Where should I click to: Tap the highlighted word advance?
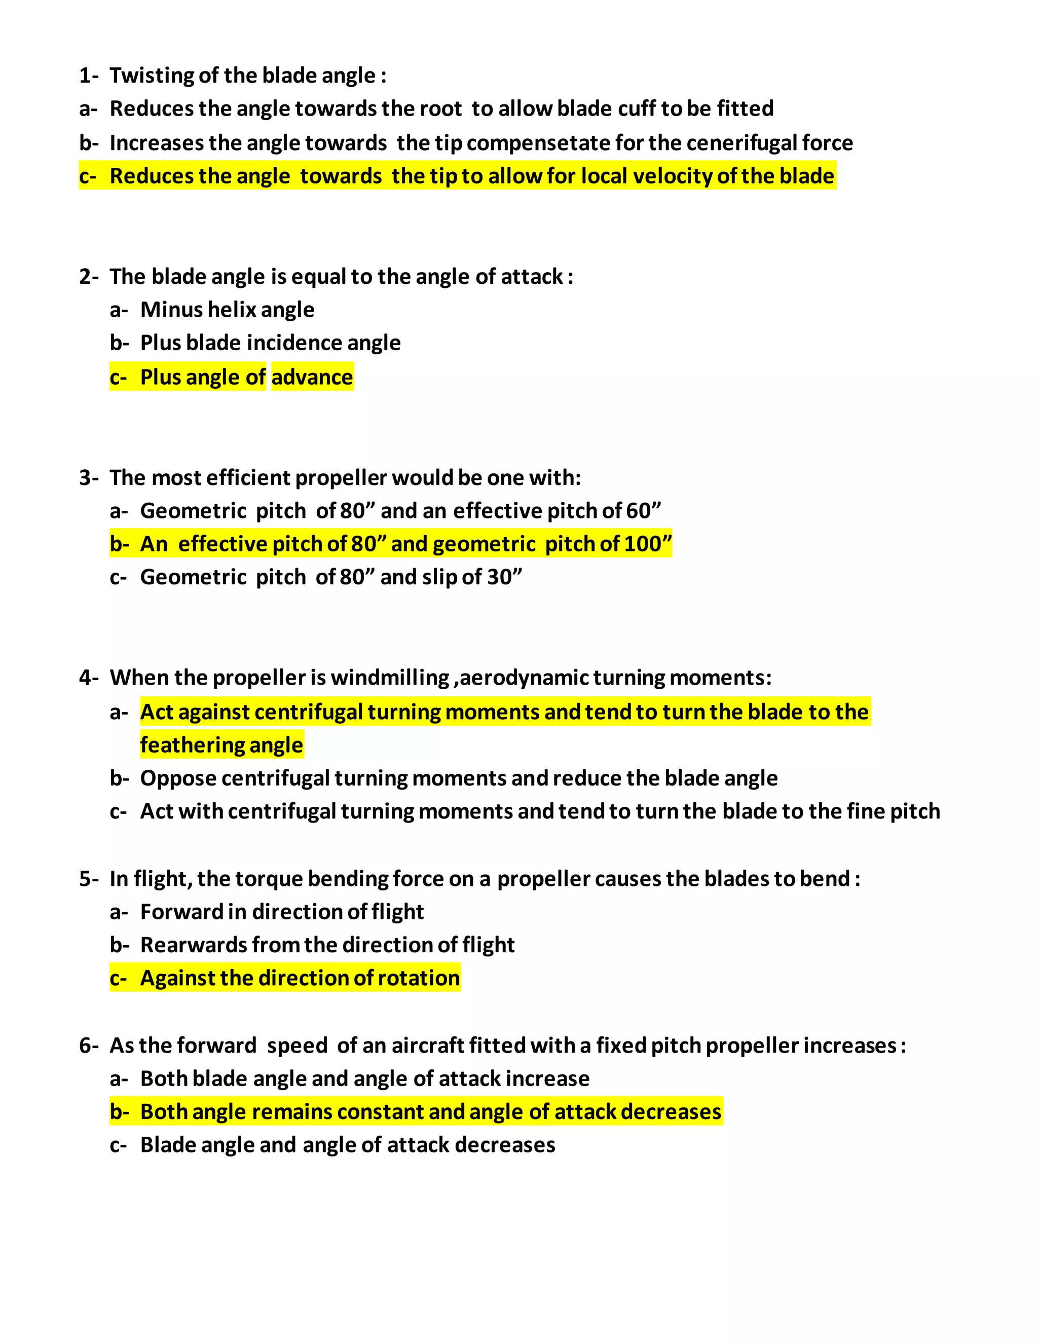click(312, 378)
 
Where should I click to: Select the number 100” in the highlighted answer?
click(648, 544)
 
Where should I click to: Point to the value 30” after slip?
click(504, 577)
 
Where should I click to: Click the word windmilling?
click(390, 678)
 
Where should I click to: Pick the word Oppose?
click(178, 778)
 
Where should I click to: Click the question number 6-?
click(89, 1046)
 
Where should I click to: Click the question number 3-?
click(89, 478)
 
